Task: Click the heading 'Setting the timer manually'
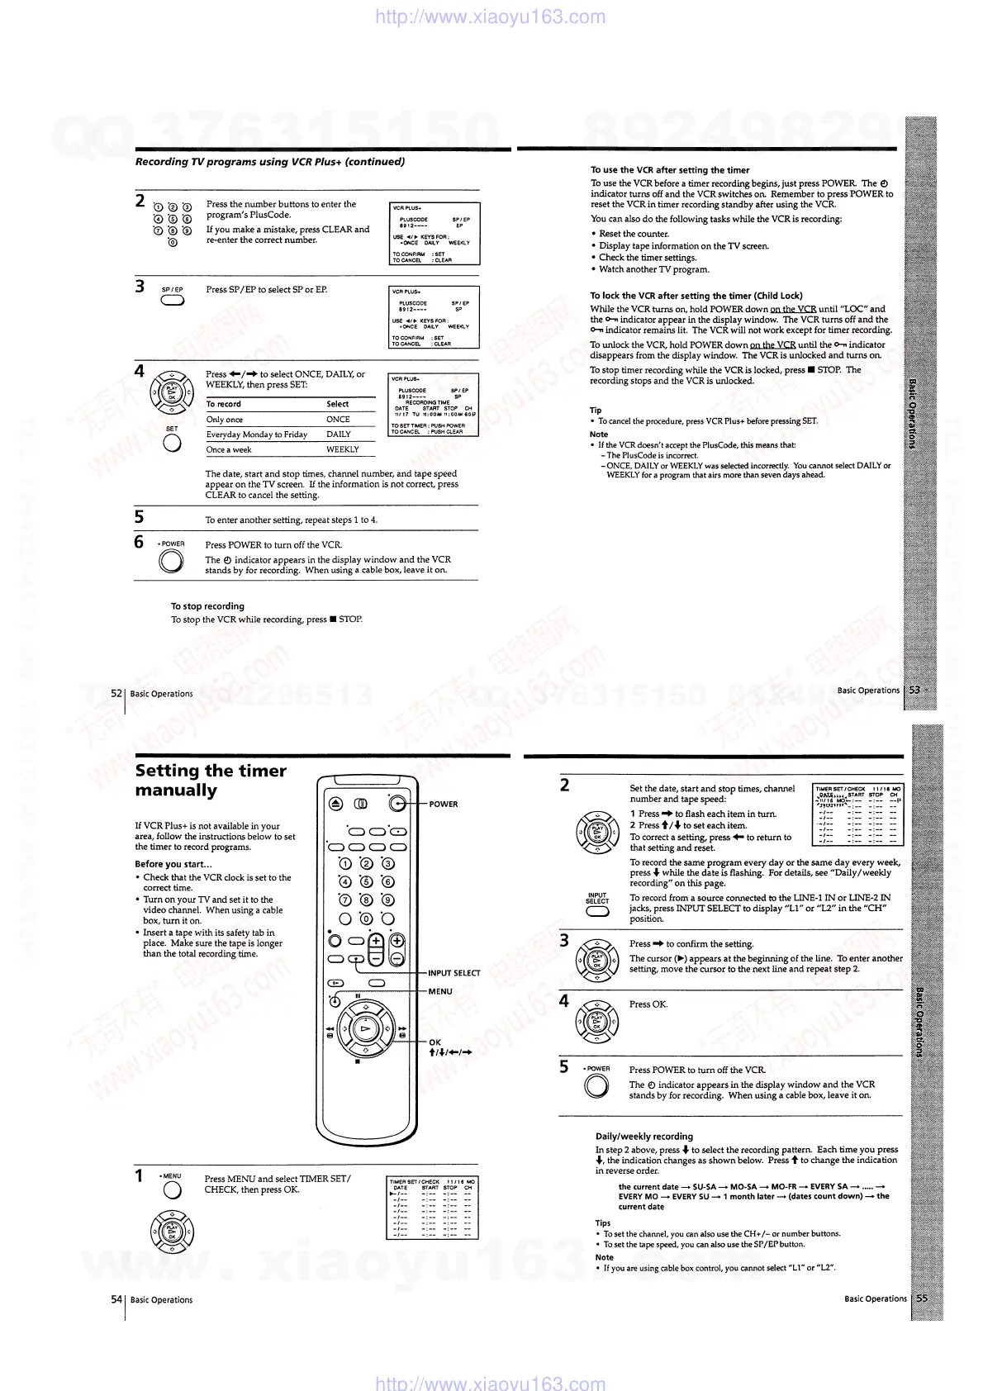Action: [211, 780]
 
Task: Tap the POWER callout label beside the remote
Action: [443, 804]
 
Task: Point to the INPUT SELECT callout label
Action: [454, 973]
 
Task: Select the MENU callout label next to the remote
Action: [440, 991]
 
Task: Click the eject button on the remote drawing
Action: [335, 804]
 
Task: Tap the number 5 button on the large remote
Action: [366, 882]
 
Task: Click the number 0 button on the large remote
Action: [366, 919]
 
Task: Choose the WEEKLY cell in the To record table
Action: [342, 449]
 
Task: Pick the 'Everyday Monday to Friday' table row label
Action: [257, 434]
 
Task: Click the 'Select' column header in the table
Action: [337, 404]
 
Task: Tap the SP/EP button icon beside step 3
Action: [173, 301]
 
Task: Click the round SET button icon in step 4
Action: [172, 443]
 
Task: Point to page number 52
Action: [116, 694]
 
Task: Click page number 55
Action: [923, 1298]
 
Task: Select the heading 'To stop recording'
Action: [207, 605]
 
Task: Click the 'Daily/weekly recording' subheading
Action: [644, 1136]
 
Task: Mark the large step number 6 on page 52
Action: [140, 542]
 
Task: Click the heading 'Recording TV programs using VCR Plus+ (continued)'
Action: [270, 162]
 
